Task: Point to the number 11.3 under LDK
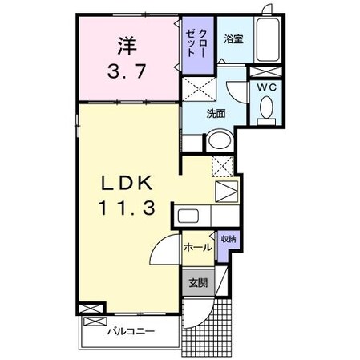[x=127, y=209]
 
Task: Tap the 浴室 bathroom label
[x=233, y=38]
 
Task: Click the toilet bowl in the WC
[x=266, y=107]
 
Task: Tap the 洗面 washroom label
[x=215, y=113]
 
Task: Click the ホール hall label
[x=197, y=248]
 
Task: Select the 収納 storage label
[x=229, y=239]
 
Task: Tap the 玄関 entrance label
[x=196, y=282]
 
